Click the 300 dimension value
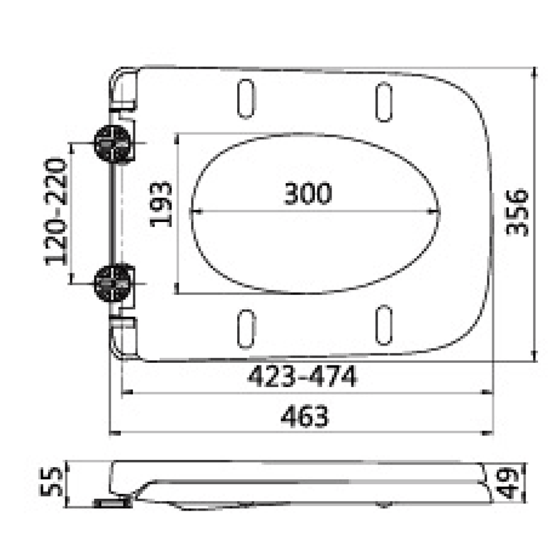click(307, 193)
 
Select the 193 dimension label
click(161, 204)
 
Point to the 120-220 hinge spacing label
click(56, 211)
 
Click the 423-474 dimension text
click(302, 378)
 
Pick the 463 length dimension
click(305, 417)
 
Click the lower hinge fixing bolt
click(112, 282)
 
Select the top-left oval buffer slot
click(246, 99)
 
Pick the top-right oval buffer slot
click(383, 102)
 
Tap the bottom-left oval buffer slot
click(246, 328)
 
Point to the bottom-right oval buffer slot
click(383, 325)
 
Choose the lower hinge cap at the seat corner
click(124, 335)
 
